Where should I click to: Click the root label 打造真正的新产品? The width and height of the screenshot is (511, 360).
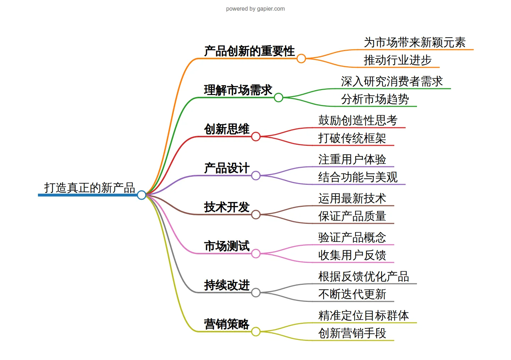(89, 188)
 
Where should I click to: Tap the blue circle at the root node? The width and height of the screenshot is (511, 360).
(142, 195)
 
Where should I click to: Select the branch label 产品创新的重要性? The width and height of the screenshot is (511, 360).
(249, 51)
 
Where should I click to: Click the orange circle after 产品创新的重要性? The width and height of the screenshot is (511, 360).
(301, 59)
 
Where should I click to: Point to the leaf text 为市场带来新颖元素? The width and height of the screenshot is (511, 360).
(414, 43)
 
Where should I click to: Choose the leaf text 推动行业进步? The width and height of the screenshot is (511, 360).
(397, 60)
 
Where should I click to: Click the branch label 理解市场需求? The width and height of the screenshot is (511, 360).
(238, 90)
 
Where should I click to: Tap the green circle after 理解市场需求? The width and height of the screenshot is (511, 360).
(279, 98)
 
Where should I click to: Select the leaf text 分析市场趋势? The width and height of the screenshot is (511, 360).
(375, 99)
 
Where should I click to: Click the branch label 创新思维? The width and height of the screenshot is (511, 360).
(226, 129)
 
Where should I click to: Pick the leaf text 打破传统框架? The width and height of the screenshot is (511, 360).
(352, 138)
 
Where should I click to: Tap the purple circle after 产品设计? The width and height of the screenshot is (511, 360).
(256, 176)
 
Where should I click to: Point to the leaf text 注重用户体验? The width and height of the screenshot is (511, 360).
(352, 160)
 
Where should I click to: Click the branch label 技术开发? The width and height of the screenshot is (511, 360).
(226, 207)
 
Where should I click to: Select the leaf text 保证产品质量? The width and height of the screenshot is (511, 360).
(352, 216)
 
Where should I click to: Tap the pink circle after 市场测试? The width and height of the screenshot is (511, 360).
(256, 254)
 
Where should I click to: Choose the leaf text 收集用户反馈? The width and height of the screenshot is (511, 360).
(352, 255)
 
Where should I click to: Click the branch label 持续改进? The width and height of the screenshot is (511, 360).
(226, 285)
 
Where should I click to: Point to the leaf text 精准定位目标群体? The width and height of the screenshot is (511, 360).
(363, 316)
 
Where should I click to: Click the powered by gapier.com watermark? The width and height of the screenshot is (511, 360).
(255, 9)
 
